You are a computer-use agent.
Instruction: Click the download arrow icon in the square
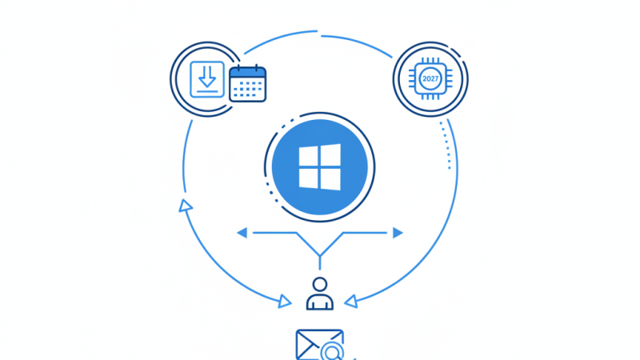point(207,77)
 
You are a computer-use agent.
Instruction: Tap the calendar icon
point(247,83)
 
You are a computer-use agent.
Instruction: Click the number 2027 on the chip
point(430,78)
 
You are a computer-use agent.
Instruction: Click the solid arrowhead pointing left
point(242,233)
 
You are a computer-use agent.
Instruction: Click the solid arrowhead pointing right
point(398,233)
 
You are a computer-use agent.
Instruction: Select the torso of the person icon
point(320,302)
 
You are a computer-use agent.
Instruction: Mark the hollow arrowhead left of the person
point(284,302)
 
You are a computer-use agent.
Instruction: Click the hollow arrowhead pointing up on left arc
point(186,206)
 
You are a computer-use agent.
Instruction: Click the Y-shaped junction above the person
point(320,255)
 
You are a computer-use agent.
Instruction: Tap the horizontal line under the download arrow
point(207,92)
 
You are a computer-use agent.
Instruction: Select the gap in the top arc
point(319,33)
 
